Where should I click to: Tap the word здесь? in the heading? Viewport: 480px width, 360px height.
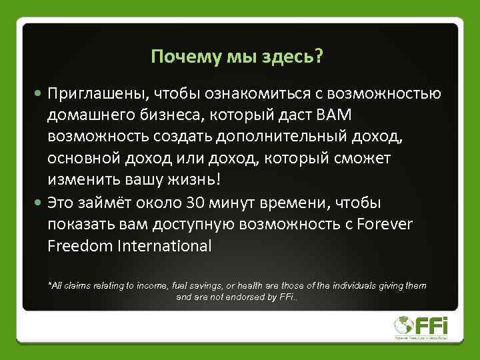tap(297, 57)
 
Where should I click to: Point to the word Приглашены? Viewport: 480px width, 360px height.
tap(91, 93)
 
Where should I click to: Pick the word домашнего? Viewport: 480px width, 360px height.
tap(87, 115)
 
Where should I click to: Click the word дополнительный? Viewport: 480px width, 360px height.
tap(281, 137)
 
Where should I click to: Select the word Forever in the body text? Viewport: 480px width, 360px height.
tap(385, 224)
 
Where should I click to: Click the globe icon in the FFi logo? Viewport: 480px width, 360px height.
tap(404, 325)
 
